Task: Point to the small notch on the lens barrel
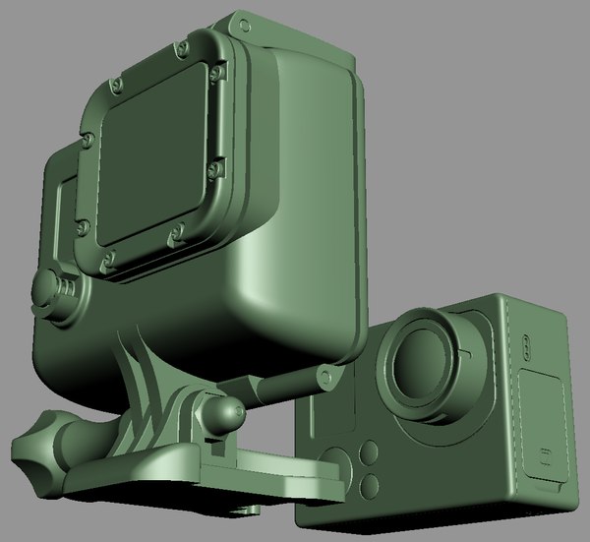click(x=468, y=348)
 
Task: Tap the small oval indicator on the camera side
click(x=526, y=349)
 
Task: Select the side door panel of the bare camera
click(x=541, y=433)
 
